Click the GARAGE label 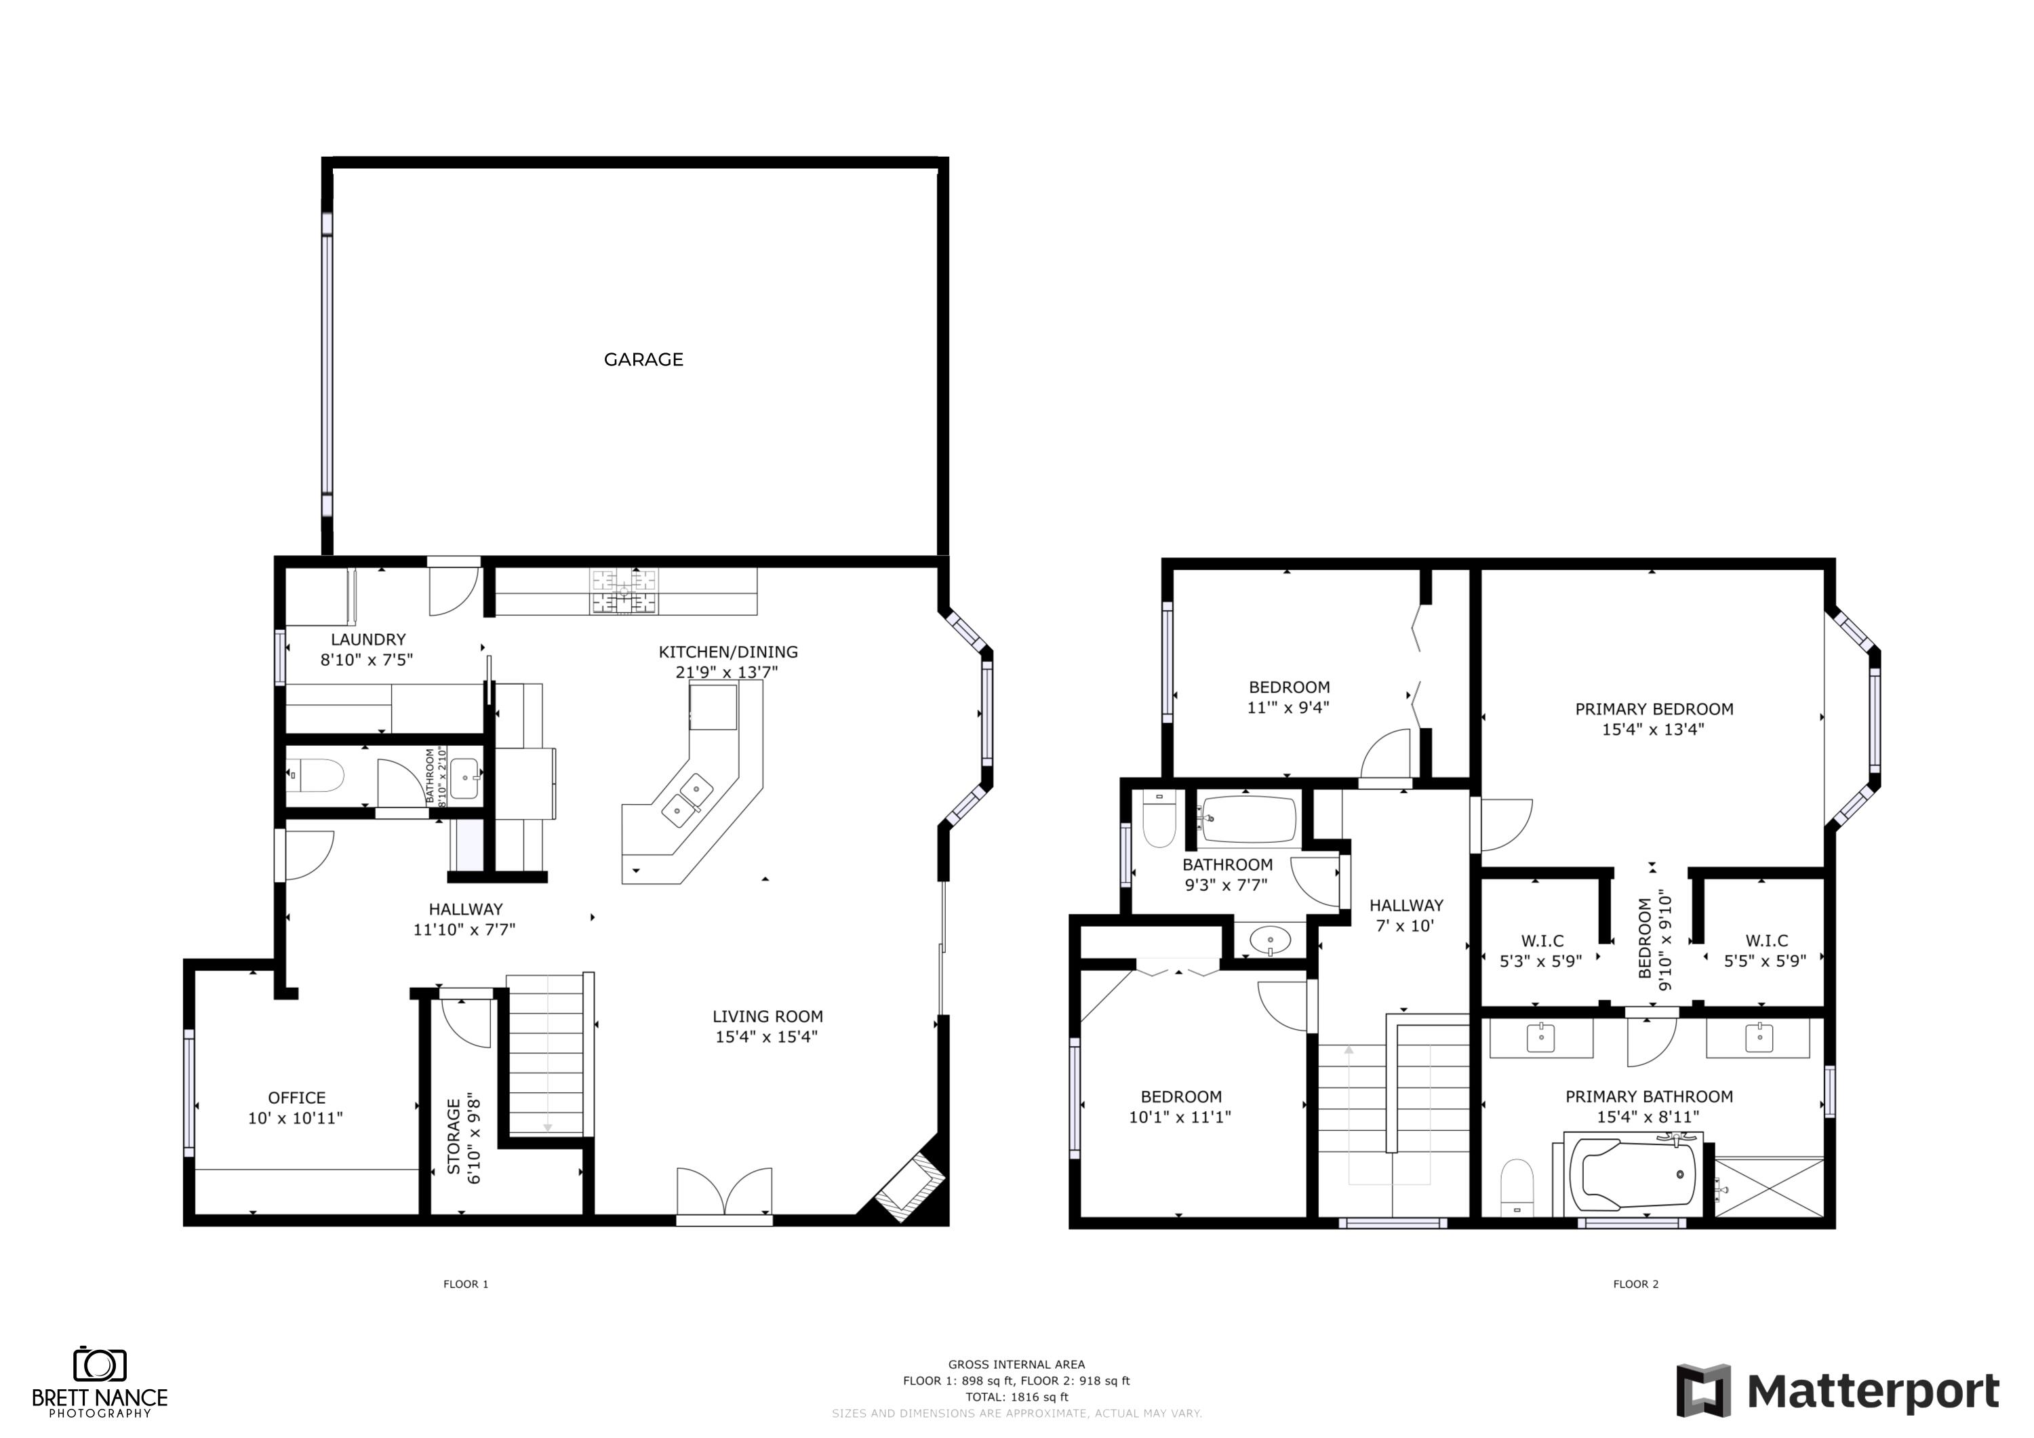click(x=643, y=360)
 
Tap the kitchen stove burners click(x=624, y=592)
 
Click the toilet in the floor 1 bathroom click(x=318, y=776)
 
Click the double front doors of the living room click(x=724, y=1193)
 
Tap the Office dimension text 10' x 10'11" click(x=295, y=1118)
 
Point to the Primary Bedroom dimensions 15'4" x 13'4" click(x=1653, y=730)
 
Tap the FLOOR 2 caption click(x=1635, y=1284)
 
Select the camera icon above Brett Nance click(x=99, y=1365)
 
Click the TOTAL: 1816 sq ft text click(x=1016, y=1397)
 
